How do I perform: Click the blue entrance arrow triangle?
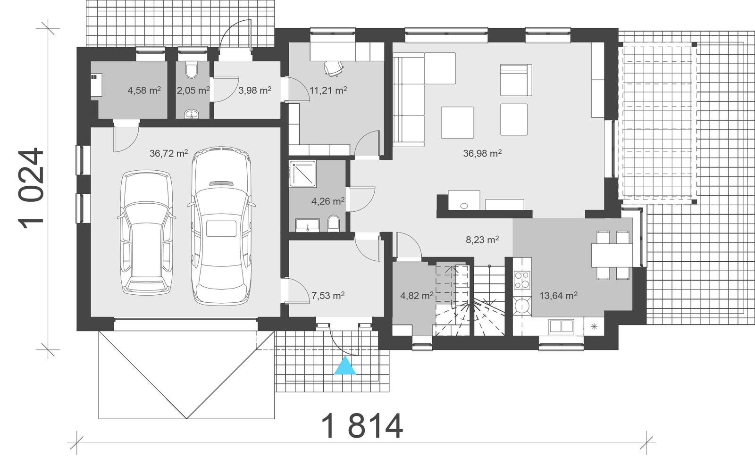[x=345, y=366]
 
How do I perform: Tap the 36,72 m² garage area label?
[x=168, y=153]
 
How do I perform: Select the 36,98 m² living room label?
[x=482, y=153]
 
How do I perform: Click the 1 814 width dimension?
[x=362, y=426]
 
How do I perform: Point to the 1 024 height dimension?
[x=32, y=189]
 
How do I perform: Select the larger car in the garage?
[x=221, y=226]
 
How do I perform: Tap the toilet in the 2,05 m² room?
[x=192, y=70]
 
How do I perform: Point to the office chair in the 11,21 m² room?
[x=334, y=68]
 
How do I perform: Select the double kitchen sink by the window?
[x=561, y=326]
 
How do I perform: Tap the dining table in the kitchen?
[x=612, y=255]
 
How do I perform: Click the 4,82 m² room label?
[x=417, y=296]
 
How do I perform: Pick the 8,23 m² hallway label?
[x=482, y=240]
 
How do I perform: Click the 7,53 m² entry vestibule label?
[x=327, y=296]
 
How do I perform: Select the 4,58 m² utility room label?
[x=144, y=90]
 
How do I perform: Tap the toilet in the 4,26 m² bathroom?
[x=333, y=224]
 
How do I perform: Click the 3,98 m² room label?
[x=254, y=90]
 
